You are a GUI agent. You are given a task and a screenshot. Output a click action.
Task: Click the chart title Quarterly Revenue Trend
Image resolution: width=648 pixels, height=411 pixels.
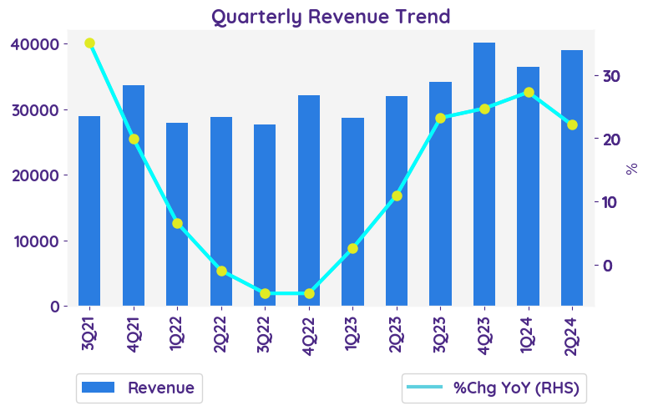(x=330, y=16)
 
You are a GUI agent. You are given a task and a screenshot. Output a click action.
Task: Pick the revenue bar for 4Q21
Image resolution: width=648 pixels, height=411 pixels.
(x=134, y=195)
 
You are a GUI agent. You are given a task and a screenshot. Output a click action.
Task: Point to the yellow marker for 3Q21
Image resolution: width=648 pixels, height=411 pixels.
(x=89, y=43)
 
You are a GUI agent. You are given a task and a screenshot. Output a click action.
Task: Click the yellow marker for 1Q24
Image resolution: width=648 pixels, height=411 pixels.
(x=529, y=92)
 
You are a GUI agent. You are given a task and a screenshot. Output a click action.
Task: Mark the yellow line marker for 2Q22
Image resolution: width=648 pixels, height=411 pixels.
(x=221, y=271)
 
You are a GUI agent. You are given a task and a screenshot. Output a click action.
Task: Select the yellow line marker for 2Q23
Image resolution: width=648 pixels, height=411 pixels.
(x=397, y=195)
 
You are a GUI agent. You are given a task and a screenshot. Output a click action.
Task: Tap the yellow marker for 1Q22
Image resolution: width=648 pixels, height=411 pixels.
(x=177, y=223)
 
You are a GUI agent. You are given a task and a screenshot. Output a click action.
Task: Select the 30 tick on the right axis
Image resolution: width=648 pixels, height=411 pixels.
(x=611, y=76)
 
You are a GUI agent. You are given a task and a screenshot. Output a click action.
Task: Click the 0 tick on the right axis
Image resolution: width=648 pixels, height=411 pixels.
(x=607, y=266)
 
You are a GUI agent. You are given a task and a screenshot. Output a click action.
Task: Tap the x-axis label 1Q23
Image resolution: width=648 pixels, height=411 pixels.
(x=353, y=334)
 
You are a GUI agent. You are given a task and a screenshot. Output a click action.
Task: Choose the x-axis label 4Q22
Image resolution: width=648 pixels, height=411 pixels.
(x=309, y=334)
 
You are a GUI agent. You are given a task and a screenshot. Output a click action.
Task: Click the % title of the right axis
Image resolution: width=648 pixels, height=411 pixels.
(x=632, y=168)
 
